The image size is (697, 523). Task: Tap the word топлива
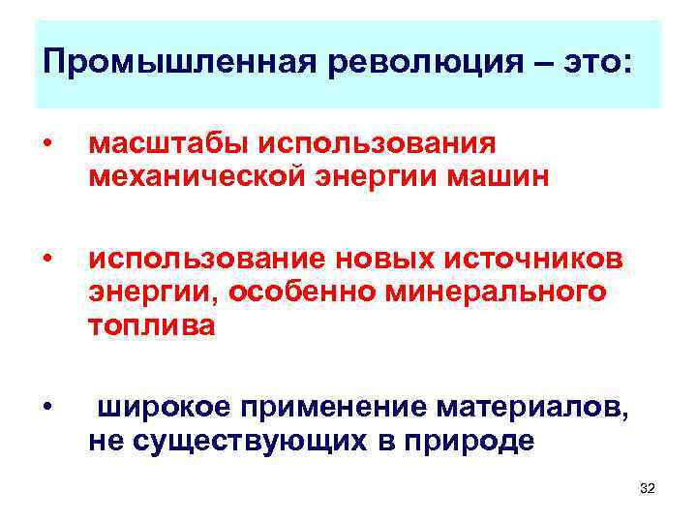coord(152,326)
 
